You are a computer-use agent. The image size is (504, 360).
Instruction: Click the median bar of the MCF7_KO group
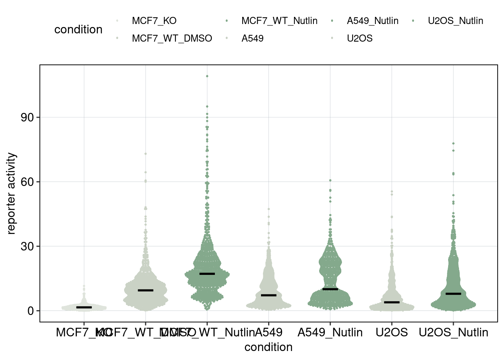[x=84, y=307]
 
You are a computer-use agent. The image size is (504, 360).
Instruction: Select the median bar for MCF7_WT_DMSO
[x=145, y=290]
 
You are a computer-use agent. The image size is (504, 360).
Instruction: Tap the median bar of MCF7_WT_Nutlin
[x=207, y=274]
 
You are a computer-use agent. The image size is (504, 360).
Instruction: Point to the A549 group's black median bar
[x=268, y=295]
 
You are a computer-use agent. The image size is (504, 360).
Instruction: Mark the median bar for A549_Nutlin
[x=330, y=289]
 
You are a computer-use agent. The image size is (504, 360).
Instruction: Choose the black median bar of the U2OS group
[x=392, y=302]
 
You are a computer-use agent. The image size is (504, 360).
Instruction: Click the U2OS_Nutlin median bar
[x=453, y=294]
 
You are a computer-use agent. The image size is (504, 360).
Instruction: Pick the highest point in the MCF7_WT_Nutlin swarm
[x=207, y=76]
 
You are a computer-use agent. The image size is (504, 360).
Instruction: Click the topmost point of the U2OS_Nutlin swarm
[x=453, y=143]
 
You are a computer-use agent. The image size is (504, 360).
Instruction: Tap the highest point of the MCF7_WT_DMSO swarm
[x=145, y=154]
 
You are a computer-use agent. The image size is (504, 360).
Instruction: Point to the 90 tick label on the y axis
[x=27, y=117]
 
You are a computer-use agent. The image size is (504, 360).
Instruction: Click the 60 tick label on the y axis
[x=27, y=182]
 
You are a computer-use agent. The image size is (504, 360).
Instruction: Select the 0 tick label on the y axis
[x=30, y=311]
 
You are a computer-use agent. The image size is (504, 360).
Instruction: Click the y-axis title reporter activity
[x=12, y=193]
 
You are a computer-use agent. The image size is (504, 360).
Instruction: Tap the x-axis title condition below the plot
[x=268, y=347]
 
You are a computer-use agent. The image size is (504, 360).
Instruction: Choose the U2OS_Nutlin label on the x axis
[x=453, y=333]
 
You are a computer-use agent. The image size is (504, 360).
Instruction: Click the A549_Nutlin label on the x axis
[x=330, y=333]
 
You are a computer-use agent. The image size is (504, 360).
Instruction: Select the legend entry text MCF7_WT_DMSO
[x=172, y=38]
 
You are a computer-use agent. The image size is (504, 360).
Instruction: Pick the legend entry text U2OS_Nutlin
[x=455, y=21]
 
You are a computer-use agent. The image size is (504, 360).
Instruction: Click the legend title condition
[x=78, y=30]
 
